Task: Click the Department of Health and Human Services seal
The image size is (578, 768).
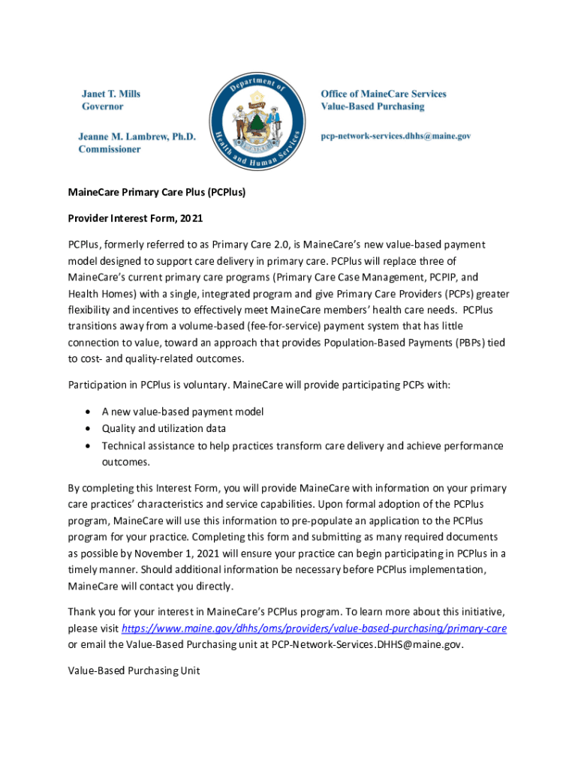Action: pos(258,121)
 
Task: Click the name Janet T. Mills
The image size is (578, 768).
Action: pos(111,94)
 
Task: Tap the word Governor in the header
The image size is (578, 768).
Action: pos(102,106)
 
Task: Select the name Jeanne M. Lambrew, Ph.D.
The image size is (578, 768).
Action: pos(137,136)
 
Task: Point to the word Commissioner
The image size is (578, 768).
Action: pos(110,149)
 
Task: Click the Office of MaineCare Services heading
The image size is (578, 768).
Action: pos(383,94)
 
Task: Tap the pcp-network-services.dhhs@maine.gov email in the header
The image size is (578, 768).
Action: pos(396,136)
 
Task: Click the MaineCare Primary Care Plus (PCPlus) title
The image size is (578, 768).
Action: pos(157,192)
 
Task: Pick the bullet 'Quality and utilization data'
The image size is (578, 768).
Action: pos(164,428)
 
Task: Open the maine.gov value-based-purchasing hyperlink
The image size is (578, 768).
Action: pos(314,628)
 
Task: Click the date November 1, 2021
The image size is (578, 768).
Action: pos(169,553)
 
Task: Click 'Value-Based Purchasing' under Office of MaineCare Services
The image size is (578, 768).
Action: pos(372,106)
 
